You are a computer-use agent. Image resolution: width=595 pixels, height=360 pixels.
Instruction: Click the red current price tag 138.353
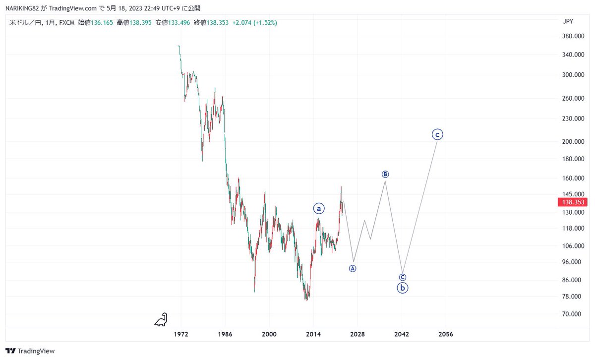point(572,202)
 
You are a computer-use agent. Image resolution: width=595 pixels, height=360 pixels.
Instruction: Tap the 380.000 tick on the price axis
point(573,36)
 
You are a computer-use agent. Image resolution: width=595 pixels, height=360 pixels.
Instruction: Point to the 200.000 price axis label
point(573,142)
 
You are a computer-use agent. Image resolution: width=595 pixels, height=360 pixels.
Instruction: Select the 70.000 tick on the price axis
point(571,314)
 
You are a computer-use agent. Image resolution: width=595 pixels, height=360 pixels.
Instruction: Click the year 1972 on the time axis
point(181,334)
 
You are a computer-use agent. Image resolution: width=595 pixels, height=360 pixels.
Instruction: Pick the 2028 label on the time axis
point(357,334)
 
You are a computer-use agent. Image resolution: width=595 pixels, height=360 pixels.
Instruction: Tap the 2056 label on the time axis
point(445,334)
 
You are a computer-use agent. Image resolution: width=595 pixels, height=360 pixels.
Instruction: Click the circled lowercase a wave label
point(319,209)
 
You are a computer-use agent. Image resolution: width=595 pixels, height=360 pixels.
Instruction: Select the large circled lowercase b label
point(403,288)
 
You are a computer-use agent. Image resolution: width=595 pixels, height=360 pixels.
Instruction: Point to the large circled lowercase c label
point(437,135)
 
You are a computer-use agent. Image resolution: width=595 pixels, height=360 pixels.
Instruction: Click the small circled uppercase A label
point(353,269)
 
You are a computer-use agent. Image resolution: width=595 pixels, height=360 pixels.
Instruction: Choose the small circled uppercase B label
point(385,174)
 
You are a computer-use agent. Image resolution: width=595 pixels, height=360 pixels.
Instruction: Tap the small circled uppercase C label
point(403,277)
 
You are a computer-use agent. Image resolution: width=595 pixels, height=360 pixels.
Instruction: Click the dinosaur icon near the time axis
point(161,320)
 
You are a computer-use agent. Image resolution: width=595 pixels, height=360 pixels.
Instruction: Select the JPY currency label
point(568,21)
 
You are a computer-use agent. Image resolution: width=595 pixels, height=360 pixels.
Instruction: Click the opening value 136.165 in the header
point(102,23)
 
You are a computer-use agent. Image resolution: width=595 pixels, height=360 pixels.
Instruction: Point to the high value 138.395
point(140,23)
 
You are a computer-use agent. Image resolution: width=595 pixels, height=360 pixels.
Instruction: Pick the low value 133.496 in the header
point(179,23)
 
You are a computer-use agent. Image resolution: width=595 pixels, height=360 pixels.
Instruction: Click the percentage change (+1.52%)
point(265,23)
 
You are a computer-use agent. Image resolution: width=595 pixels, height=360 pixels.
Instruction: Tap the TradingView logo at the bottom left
point(30,351)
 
